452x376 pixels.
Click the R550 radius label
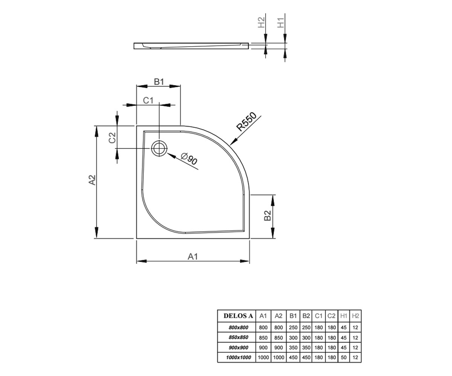pyautogui.click(x=246, y=121)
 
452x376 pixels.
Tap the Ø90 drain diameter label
pyautogui.click(x=189, y=159)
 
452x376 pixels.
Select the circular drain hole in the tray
pyautogui.click(x=159, y=149)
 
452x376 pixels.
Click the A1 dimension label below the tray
pyautogui.click(x=192, y=256)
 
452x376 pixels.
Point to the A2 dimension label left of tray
pyautogui.click(x=92, y=180)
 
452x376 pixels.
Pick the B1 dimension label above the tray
pyautogui.click(x=159, y=82)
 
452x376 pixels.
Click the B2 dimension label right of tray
pyautogui.click(x=267, y=215)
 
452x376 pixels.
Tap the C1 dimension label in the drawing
pyautogui.click(x=148, y=100)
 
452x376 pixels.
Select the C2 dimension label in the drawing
pyautogui.click(x=112, y=138)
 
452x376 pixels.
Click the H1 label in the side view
pyautogui.click(x=281, y=23)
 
